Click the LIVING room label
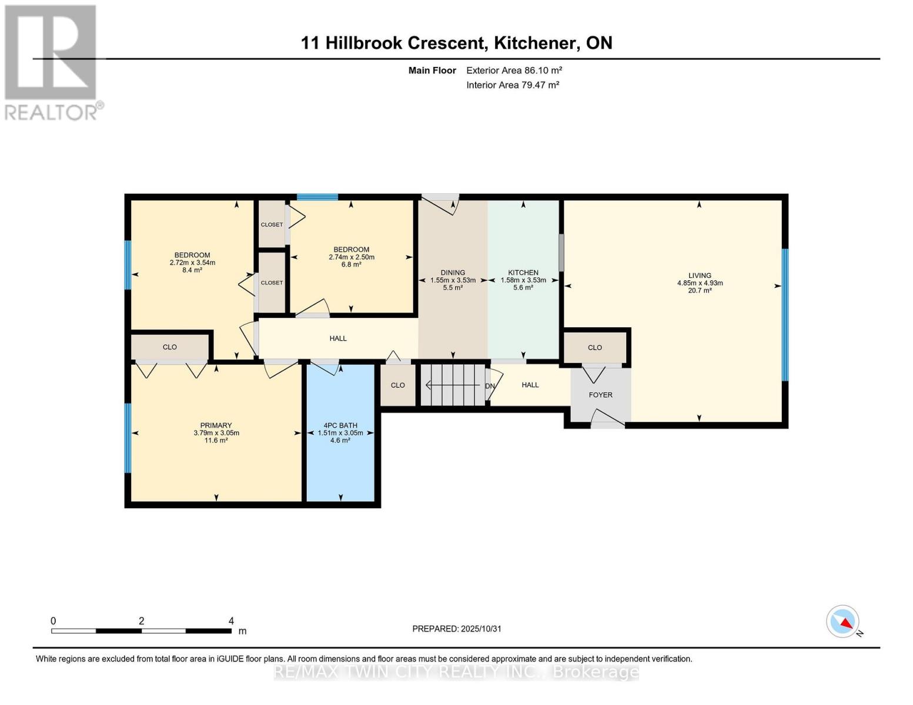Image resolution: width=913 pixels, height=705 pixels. (700, 276)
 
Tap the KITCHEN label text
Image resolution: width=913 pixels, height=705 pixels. (523, 273)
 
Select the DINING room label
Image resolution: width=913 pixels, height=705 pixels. (453, 273)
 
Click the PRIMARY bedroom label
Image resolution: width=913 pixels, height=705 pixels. (216, 425)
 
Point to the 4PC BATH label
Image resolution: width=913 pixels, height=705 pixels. (340, 425)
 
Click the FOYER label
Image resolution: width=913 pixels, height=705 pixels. (600, 395)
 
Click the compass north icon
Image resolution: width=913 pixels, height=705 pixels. (843, 622)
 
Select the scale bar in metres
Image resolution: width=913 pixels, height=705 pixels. (141, 631)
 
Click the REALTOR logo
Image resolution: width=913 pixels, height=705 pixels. (52, 62)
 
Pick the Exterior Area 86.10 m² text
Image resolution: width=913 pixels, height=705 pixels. (514, 70)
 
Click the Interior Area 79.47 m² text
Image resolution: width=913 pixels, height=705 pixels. (512, 85)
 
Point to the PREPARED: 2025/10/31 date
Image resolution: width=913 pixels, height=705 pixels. (457, 629)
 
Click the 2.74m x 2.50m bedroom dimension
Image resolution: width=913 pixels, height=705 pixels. (351, 257)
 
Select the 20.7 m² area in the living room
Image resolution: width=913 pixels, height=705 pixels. (700, 290)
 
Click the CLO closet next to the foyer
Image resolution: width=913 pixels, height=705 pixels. (595, 347)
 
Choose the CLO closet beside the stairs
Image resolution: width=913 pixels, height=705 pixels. (398, 385)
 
